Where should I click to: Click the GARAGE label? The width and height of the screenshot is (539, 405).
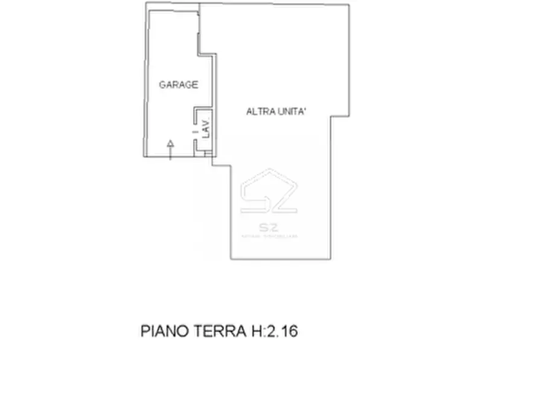click(x=178, y=85)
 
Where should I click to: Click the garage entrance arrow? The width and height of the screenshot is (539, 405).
click(x=170, y=149)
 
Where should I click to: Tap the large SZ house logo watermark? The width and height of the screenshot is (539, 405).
click(x=269, y=192)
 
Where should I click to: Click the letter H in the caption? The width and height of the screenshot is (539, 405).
click(x=254, y=331)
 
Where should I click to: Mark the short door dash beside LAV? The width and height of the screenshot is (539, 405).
click(x=195, y=129)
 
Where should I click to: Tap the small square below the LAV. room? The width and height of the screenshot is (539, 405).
click(x=208, y=155)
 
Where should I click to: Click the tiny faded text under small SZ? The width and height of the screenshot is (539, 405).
click(x=269, y=236)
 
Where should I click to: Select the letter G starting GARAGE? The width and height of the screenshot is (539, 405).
click(x=162, y=85)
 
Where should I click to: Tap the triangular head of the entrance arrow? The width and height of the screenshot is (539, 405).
click(x=170, y=143)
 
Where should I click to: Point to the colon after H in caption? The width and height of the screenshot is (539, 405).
click(x=262, y=332)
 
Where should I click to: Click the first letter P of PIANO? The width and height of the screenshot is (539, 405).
click(x=145, y=331)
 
